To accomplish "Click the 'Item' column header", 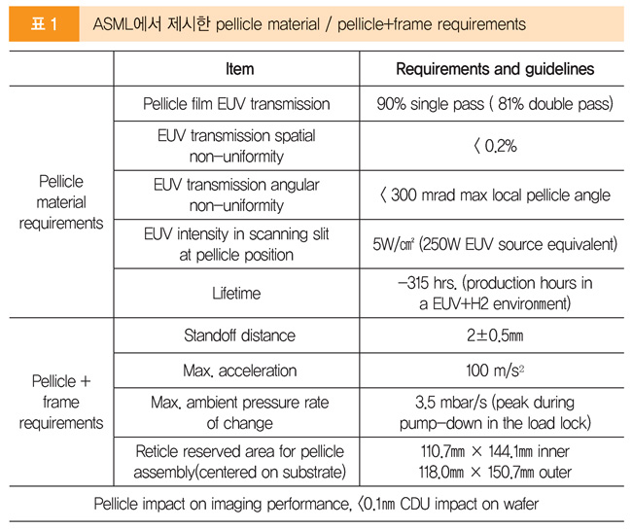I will tap(238, 69).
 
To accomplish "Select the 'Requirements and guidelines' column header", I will tap(495, 69).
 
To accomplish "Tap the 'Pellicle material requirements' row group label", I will tap(61, 202).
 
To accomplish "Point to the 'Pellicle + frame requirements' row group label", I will tap(61, 402).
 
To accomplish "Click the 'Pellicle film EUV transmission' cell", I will tap(236, 103).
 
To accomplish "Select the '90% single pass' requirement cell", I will tap(495, 103).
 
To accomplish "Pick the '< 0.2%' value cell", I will tap(495, 146).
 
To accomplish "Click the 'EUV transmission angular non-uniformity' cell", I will tap(236, 194).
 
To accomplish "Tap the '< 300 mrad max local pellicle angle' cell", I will tap(495, 194).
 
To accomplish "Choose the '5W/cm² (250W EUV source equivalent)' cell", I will tap(495, 243).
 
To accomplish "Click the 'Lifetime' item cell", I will tap(236, 292).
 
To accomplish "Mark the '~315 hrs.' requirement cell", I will tap(495, 292).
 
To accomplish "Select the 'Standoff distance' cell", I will tap(236, 336).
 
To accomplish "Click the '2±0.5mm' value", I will tap(495, 336).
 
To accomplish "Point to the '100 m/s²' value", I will tap(495, 370).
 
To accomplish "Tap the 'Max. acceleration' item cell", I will tap(236, 370).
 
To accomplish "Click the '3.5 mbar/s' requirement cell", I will tap(495, 412).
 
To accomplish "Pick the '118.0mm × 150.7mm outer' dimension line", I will tap(495, 473).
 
